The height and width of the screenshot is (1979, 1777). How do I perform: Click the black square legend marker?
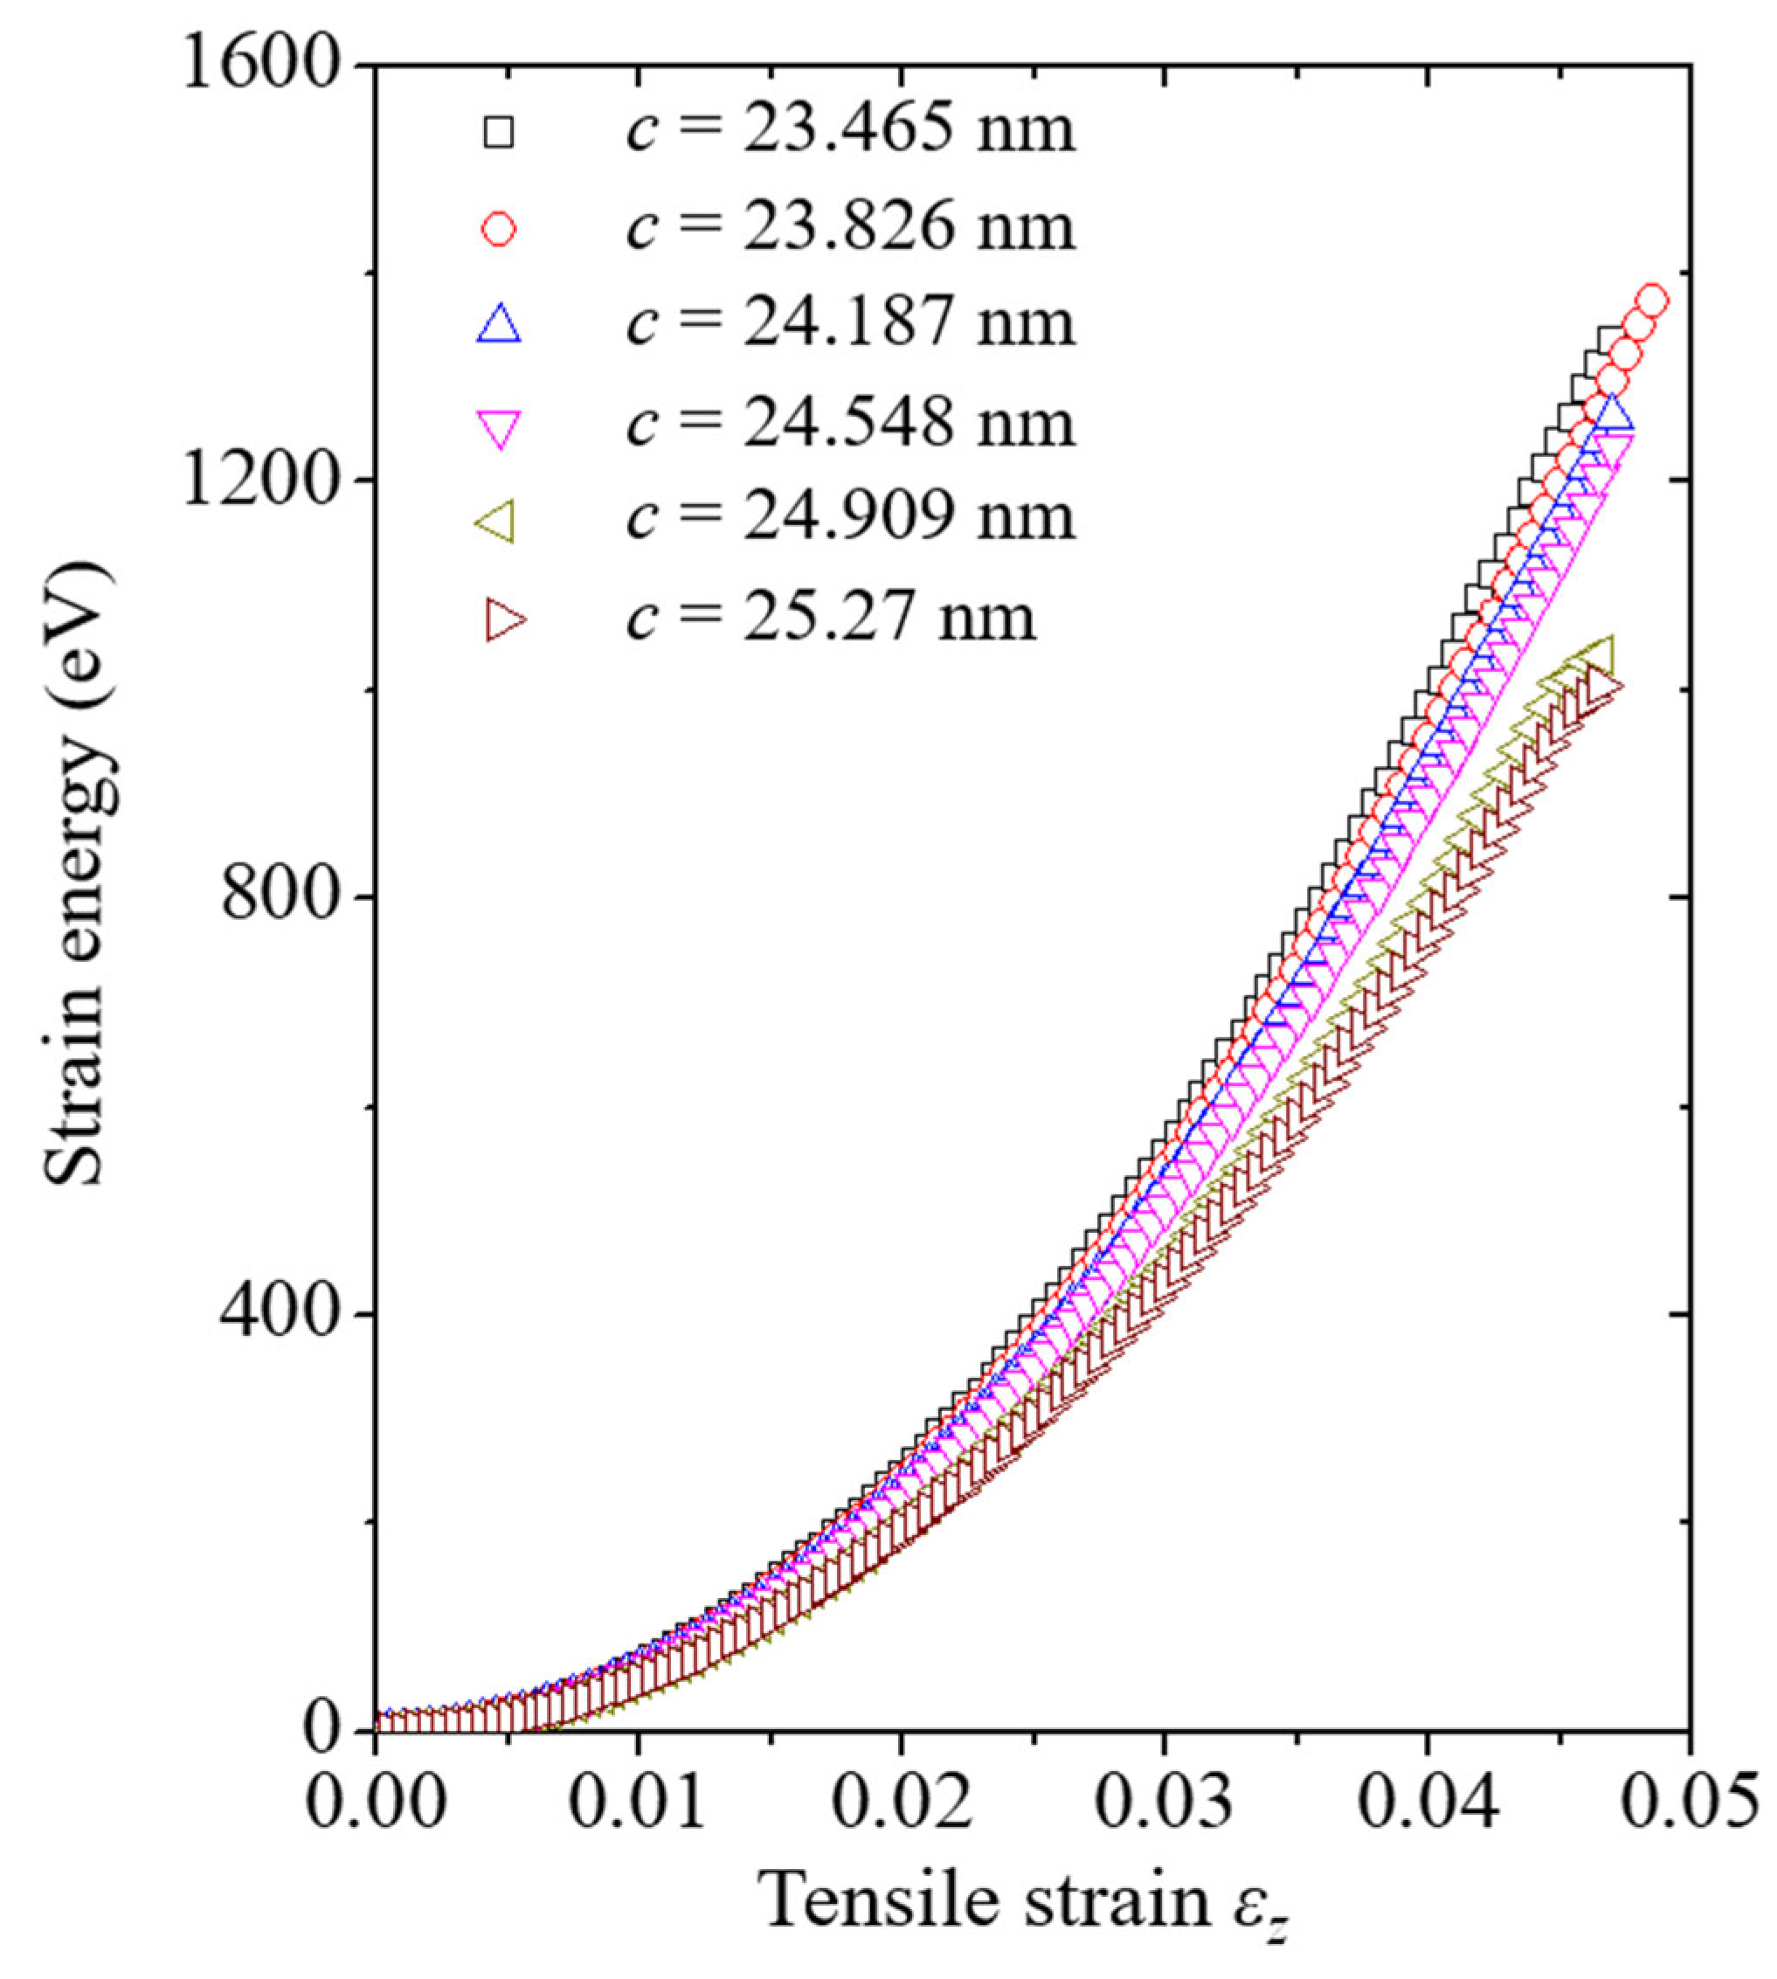pos(499,132)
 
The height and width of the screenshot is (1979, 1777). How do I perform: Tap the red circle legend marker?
pos(499,230)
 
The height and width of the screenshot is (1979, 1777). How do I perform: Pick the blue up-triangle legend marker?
pos(499,325)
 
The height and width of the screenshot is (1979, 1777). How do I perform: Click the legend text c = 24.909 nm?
pos(849,517)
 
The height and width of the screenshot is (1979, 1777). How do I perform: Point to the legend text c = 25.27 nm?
pos(830,618)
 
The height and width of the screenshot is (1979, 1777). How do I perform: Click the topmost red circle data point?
pos(1652,301)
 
